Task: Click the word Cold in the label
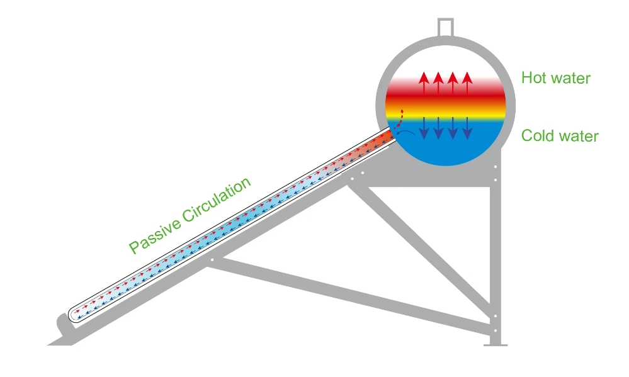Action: [538, 136]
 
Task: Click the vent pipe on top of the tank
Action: [445, 26]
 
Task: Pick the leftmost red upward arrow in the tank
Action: [424, 84]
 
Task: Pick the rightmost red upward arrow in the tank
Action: [467, 84]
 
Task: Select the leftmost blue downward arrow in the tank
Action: [424, 128]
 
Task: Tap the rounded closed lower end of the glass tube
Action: [73, 313]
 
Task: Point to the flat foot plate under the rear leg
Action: [495, 344]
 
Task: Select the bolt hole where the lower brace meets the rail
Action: [213, 259]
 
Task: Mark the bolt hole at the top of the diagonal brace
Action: [352, 179]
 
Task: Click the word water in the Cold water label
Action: [575, 136]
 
